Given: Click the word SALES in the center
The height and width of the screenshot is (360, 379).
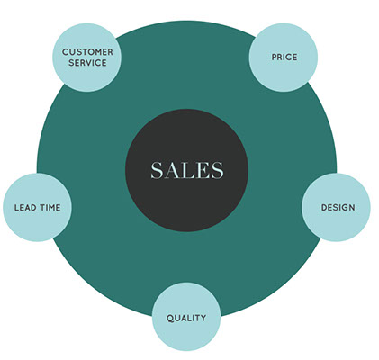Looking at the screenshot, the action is (187, 170).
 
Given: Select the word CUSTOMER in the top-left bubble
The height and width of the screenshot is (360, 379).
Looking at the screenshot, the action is (87, 52).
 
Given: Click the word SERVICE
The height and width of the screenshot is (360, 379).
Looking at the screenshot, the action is (87, 63).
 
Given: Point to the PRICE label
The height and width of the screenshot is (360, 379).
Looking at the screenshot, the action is (284, 57).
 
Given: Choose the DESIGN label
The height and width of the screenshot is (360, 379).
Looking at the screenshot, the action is (338, 207).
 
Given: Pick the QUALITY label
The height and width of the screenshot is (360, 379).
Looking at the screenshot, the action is (186, 318).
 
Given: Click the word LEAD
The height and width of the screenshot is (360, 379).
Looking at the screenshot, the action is (25, 208).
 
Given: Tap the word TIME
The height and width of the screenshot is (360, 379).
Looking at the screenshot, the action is (50, 208).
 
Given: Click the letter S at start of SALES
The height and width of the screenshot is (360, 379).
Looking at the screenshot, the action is (157, 170).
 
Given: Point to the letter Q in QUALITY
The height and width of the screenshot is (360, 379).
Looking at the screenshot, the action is (170, 319).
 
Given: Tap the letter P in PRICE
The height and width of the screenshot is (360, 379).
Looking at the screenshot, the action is (275, 57).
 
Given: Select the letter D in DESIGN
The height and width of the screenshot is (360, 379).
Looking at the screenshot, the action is (324, 207).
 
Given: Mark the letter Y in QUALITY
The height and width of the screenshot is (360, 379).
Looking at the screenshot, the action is (203, 318).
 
